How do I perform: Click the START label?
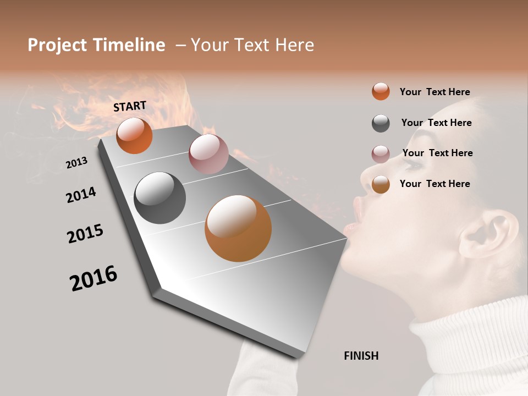(x=130, y=106)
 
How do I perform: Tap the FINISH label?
(x=361, y=356)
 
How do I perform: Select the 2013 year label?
(x=76, y=162)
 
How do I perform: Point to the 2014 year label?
(x=81, y=195)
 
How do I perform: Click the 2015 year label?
(x=85, y=234)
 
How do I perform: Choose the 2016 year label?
(x=94, y=278)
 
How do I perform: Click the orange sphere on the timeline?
(x=134, y=135)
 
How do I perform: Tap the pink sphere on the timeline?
(x=208, y=153)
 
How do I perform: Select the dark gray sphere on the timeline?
(x=160, y=198)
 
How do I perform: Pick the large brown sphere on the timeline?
(x=238, y=228)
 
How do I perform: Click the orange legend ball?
(x=381, y=91)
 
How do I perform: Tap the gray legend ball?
(x=381, y=123)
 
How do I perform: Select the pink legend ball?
(x=381, y=154)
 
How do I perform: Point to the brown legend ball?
(x=381, y=184)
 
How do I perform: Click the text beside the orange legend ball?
(x=435, y=92)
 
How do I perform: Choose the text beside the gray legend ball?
(x=436, y=123)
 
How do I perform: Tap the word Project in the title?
(x=57, y=45)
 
